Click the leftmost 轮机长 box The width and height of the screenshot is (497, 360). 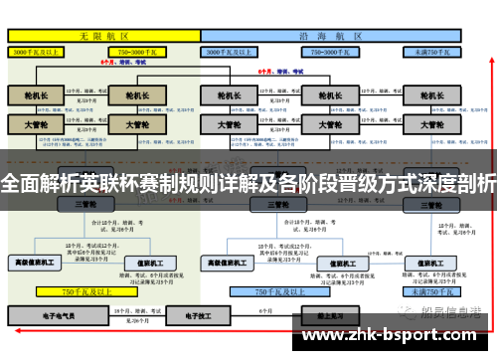36,96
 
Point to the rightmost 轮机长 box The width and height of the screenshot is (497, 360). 430,96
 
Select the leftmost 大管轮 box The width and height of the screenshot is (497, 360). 36,126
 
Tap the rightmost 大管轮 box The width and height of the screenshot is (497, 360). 430,126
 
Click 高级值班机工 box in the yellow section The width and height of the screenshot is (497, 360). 35,263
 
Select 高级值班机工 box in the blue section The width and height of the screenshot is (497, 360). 233,263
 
